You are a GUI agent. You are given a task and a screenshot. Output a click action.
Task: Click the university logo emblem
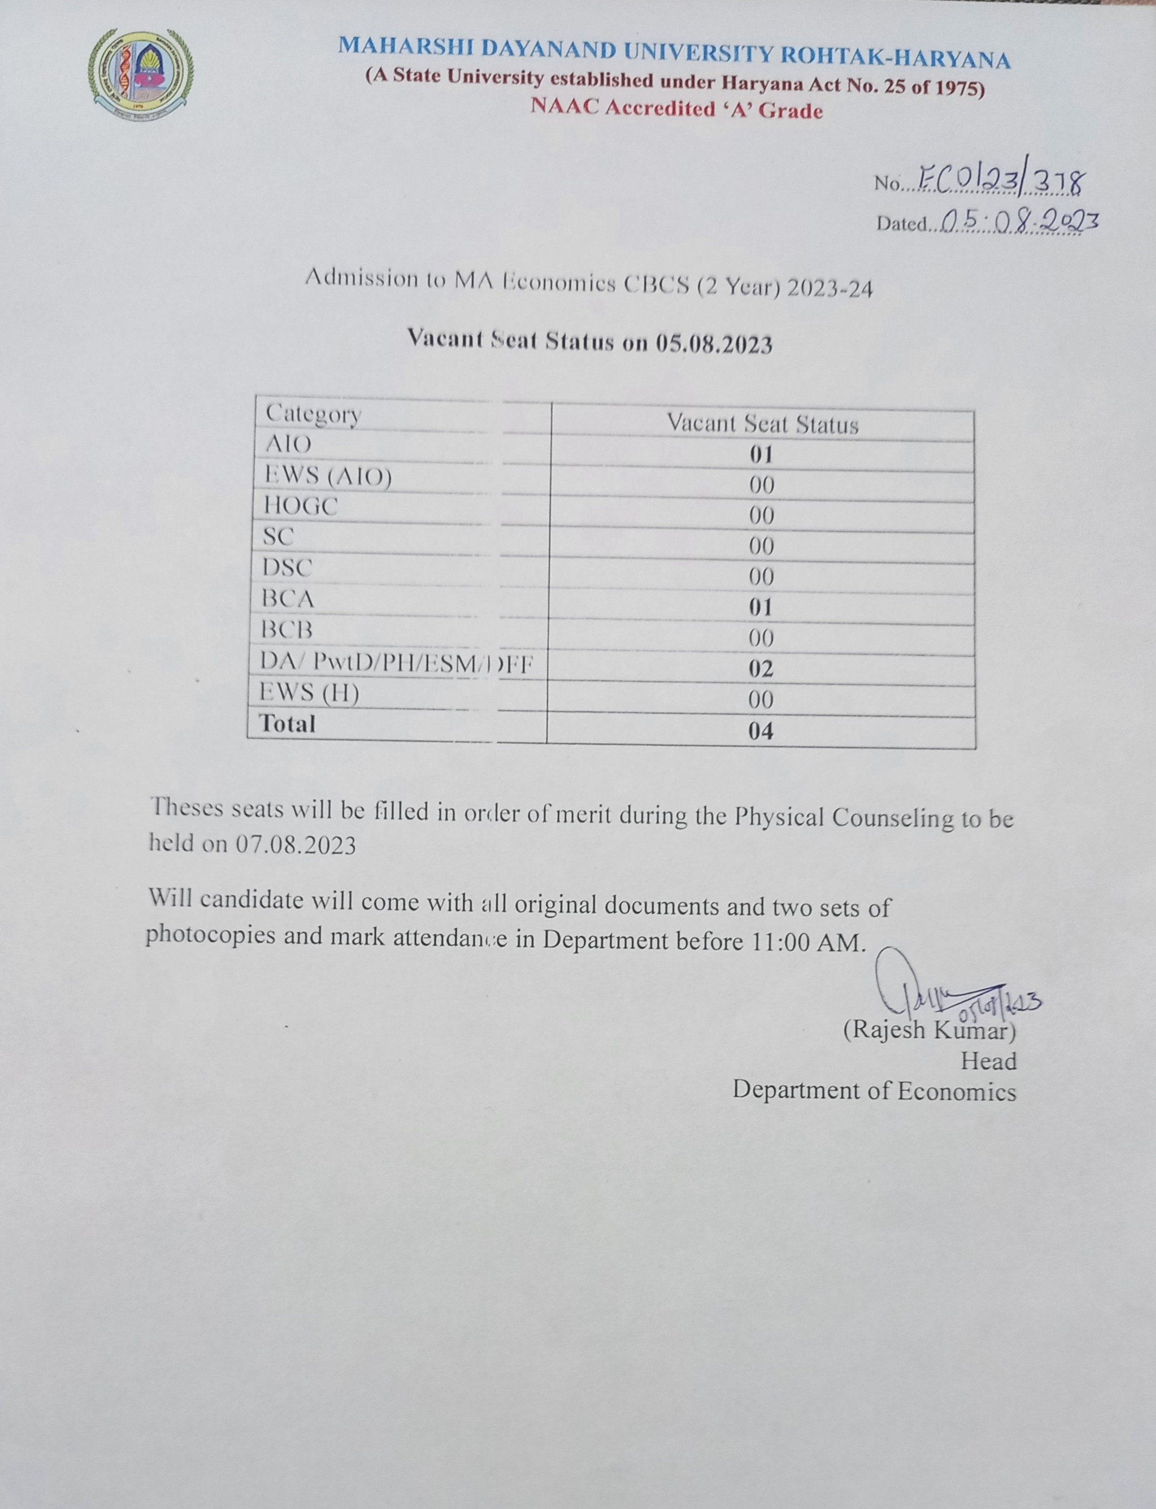141,73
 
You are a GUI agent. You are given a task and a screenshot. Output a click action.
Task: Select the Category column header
313,414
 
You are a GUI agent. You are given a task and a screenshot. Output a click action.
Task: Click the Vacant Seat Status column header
762,424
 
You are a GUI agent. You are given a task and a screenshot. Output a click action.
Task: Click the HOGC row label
301,507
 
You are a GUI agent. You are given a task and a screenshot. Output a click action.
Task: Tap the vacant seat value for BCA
761,608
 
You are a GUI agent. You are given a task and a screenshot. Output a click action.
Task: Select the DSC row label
287,567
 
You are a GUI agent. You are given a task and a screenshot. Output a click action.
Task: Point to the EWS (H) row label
309,692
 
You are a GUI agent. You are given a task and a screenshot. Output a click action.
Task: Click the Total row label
287,724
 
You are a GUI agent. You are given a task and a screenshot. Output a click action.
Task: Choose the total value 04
761,731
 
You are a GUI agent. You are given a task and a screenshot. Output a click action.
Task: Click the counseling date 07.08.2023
296,844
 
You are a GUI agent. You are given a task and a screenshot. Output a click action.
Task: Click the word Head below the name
988,1061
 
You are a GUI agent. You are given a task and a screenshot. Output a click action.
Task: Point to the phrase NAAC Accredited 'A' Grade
677,109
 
